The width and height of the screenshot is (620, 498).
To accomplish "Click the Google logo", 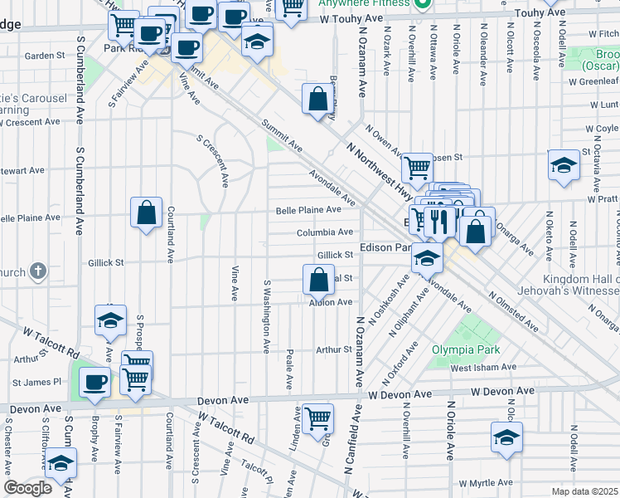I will (x=27, y=488).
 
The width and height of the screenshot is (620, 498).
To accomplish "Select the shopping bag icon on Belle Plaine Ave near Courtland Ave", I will (x=146, y=213).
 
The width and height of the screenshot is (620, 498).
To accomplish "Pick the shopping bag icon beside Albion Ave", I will (x=318, y=280).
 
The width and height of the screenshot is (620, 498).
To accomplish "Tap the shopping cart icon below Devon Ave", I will (x=317, y=419).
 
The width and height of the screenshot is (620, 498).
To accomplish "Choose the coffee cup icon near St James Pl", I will (x=94, y=383).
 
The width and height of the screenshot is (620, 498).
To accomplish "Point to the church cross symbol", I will (x=37, y=271).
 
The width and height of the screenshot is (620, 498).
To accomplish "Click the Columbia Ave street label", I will (x=326, y=232).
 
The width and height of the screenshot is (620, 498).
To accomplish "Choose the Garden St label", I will (x=45, y=56).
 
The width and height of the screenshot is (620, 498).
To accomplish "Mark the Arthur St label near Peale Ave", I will (x=334, y=350).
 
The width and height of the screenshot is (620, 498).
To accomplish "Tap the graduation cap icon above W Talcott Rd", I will (x=110, y=320).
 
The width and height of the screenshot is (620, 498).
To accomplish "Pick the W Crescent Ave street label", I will (x=30, y=121).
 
